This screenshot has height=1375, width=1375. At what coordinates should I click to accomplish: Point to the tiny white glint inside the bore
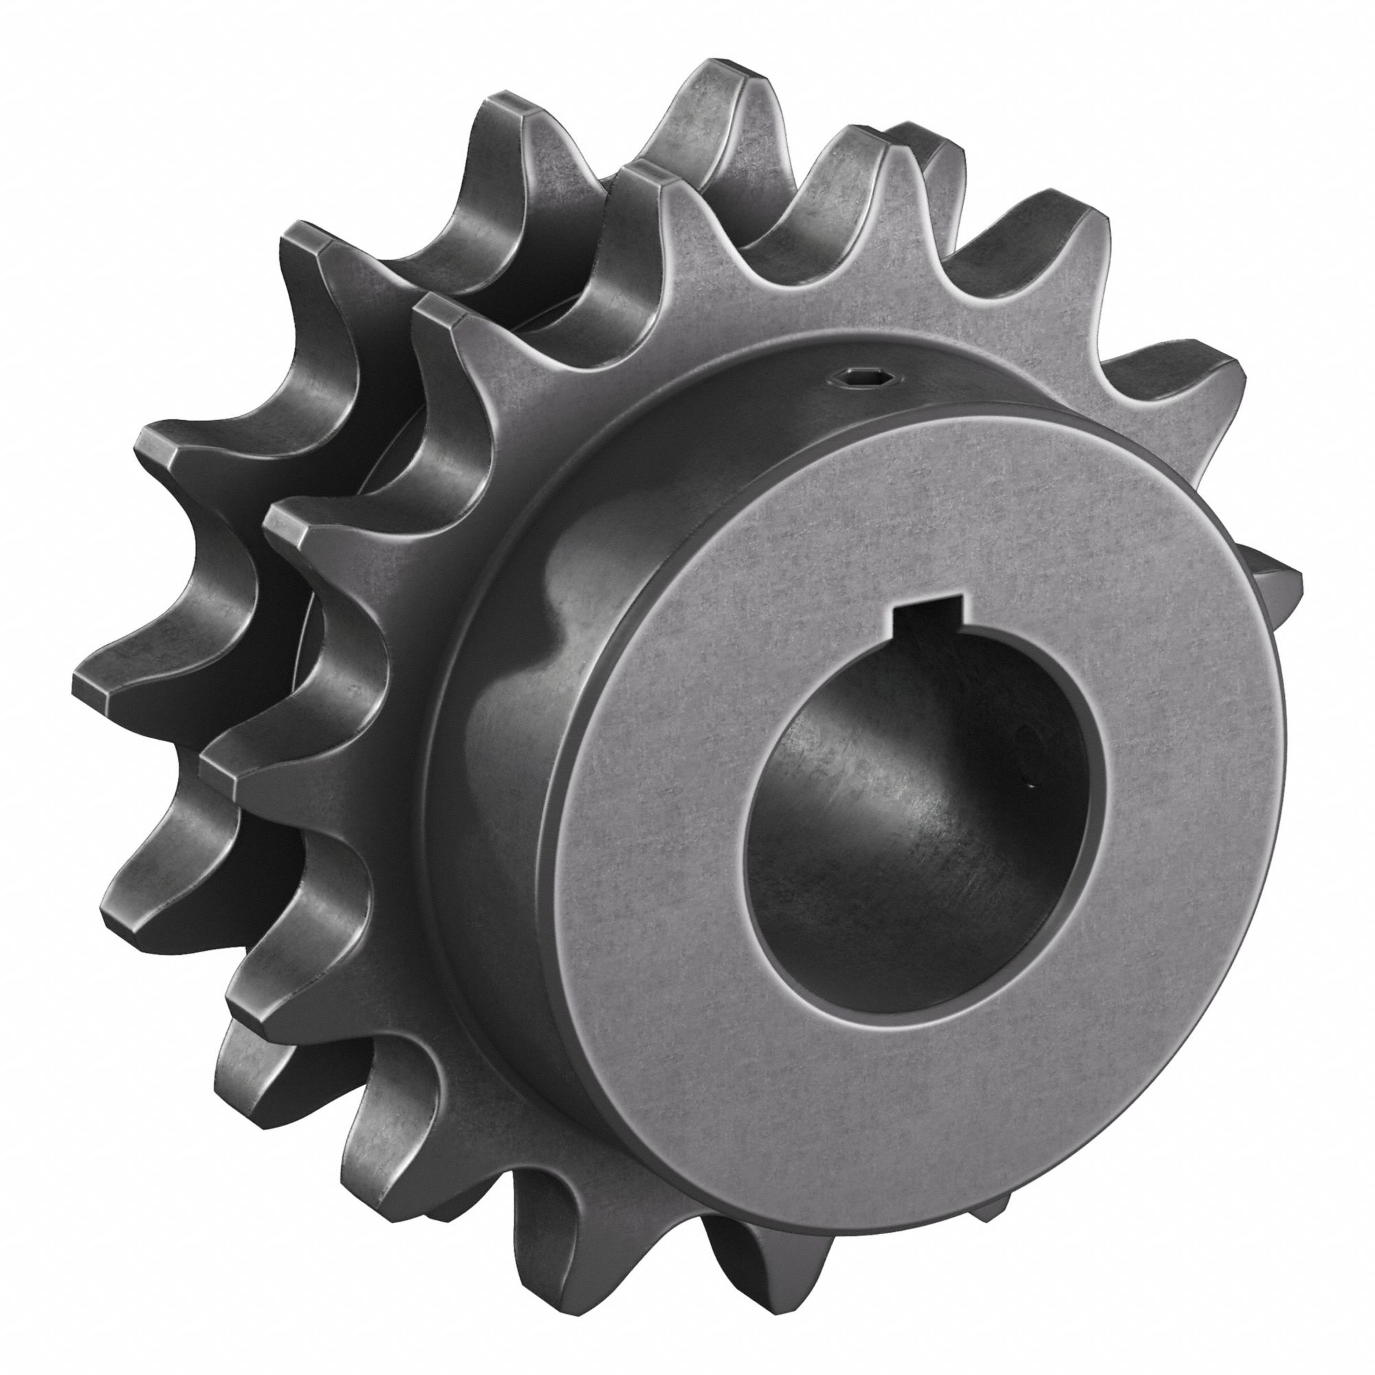(x=1030, y=786)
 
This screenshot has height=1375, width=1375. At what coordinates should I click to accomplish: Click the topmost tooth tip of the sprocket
(x=719, y=71)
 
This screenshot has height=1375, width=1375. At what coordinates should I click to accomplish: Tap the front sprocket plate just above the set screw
(x=840, y=313)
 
